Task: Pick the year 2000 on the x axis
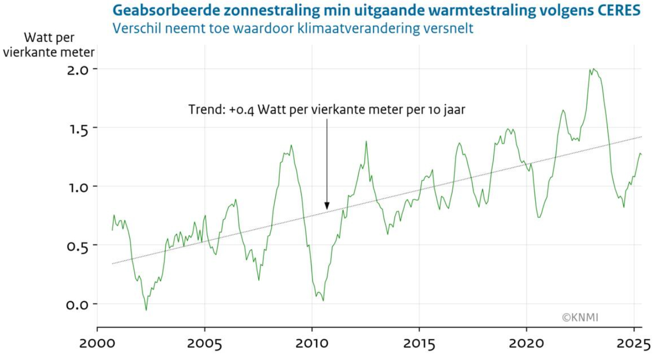[97, 343]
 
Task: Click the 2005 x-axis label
[205, 343]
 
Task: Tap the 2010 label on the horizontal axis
[312, 343]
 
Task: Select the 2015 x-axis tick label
[419, 343]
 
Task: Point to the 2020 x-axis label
[527, 343]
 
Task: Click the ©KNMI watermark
[580, 318]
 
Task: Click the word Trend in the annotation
[205, 109]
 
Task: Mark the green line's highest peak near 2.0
[593, 69]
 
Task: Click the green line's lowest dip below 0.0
[146, 310]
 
